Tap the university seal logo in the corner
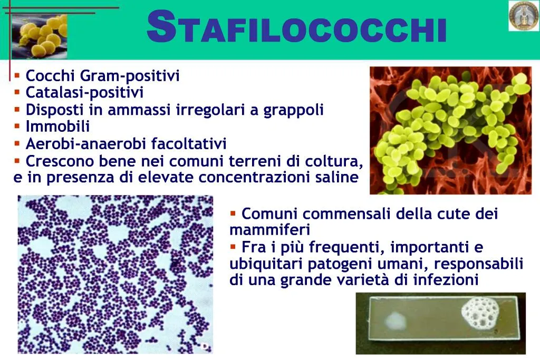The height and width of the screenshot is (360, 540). (x=523, y=16)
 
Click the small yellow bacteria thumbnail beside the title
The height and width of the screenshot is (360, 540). (x=40, y=36)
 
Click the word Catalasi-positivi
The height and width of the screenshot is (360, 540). (x=84, y=93)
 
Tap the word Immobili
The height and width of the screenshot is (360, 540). (x=57, y=127)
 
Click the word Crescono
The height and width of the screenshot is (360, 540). (x=57, y=161)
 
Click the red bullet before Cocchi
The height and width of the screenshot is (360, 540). (x=17, y=75)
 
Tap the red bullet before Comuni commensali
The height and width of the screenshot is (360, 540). (x=233, y=213)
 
